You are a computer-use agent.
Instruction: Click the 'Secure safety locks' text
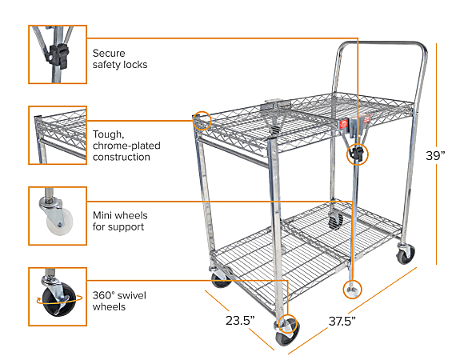click(119, 58)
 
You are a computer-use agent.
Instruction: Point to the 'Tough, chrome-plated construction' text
click(122, 145)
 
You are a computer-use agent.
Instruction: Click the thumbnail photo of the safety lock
click(58, 54)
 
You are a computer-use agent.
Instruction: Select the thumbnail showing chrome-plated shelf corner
click(58, 135)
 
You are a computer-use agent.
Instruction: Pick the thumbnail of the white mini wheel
click(58, 216)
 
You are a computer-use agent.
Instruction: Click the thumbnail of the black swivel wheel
click(58, 297)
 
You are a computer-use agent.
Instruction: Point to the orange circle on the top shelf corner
click(202, 120)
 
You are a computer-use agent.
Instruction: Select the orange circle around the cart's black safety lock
click(357, 154)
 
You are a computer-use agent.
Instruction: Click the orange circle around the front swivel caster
click(287, 326)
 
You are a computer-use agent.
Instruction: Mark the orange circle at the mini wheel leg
click(351, 287)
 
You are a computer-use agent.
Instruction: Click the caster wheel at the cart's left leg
click(220, 279)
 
